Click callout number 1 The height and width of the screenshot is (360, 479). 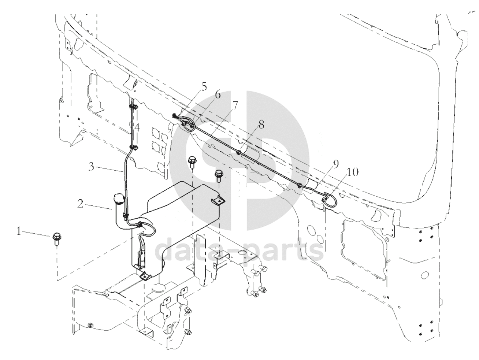(19, 232)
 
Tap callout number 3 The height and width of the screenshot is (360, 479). (91, 167)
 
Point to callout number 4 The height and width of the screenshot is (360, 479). (137, 128)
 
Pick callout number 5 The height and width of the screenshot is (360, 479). (204, 87)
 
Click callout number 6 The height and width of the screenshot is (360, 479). (218, 95)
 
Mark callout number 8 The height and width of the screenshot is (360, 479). (261, 125)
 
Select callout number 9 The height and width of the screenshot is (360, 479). (336, 164)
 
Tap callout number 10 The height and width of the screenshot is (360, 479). (352, 172)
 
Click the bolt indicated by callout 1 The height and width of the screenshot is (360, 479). (56, 238)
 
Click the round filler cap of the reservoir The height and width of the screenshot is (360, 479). (119, 199)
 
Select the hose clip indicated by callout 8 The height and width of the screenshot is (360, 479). (239, 152)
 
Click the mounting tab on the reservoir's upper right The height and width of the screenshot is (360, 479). (219, 201)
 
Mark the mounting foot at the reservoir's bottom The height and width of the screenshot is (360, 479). (145, 276)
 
